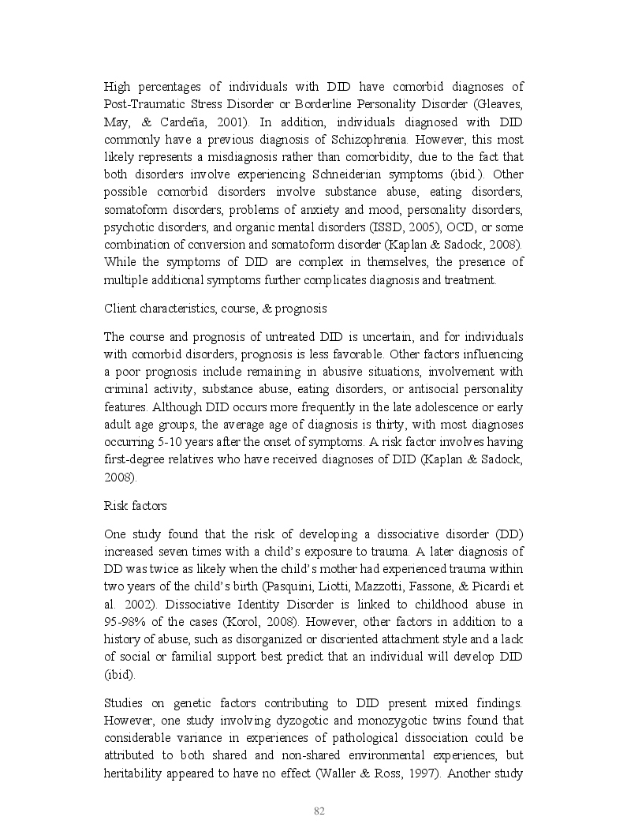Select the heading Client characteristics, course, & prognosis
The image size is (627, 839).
click(217, 308)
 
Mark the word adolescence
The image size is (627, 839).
click(448, 407)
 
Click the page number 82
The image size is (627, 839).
click(319, 811)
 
